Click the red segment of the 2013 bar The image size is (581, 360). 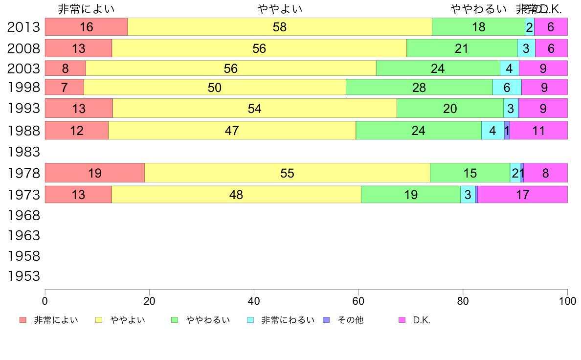pyautogui.click(x=86, y=27)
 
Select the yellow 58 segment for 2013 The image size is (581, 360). pyautogui.click(x=280, y=27)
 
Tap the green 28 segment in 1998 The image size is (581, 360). pyautogui.click(x=419, y=87)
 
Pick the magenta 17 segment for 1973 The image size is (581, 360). pyautogui.click(x=522, y=195)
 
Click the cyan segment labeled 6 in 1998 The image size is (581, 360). pyautogui.click(x=507, y=87)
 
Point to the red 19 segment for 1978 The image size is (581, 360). pyautogui.click(x=95, y=173)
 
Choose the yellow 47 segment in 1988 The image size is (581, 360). pyautogui.click(x=232, y=131)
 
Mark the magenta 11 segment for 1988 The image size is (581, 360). pyautogui.click(x=538, y=131)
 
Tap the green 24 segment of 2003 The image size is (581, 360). pyautogui.click(x=438, y=68)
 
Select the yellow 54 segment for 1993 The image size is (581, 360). pyautogui.click(x=255, y=108)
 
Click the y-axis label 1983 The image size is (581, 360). pyautogui.click(x=23, y=152)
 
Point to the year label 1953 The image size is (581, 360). pyautogui.click(x=23, y=276)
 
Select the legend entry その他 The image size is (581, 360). pyautogui.click(x=350, y=320)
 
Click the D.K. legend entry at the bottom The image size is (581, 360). pyautogui.click(x=421, y=320)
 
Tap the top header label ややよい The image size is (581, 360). pyautogui.click(x=280, y=9)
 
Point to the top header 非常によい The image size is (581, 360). pyautogui.click(x=86, y=9)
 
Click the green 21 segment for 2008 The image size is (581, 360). pyautogui.click(x=462, y=48)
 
